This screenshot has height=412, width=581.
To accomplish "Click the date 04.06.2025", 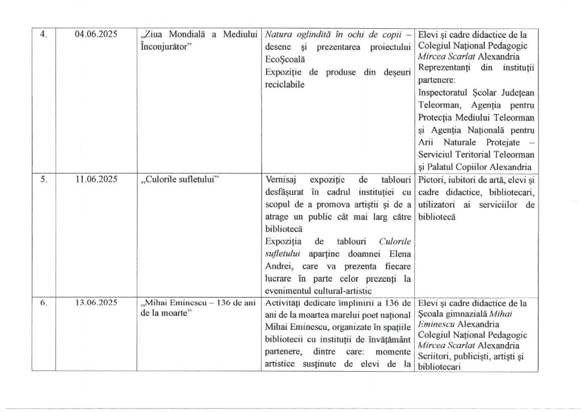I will click(96, 34).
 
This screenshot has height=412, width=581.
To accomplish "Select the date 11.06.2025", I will click(96, 180).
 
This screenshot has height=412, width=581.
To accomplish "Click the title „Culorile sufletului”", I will click(179, 180).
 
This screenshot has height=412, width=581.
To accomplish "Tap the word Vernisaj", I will click(281, 180).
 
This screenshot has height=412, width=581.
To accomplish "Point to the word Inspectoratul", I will click(445, 92).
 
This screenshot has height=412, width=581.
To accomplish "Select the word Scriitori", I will click(435, 356).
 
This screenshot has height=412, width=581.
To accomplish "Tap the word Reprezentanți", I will click(445, 67).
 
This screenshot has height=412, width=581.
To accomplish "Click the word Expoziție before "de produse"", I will click(284, 72).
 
